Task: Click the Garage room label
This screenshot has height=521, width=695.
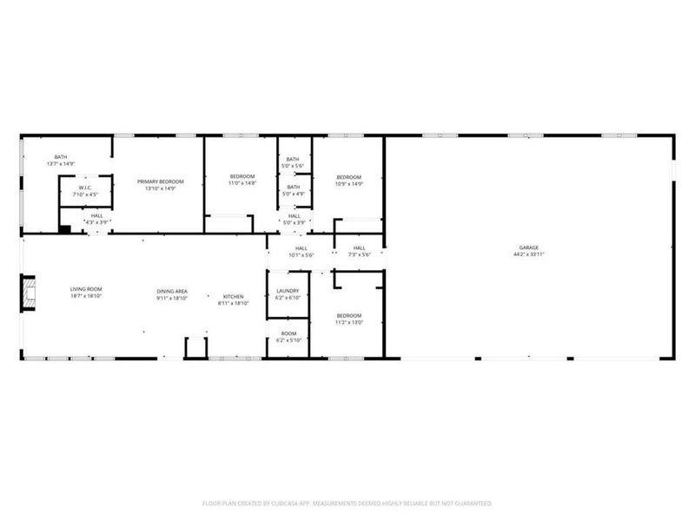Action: [528, 248]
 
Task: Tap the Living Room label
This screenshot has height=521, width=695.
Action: [87, 289]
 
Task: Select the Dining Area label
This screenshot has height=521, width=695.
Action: [172, 292]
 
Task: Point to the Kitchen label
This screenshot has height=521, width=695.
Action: [233, 297]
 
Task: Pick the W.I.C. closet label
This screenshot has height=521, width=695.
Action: [85, 188]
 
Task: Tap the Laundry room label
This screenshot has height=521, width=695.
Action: [288, 291]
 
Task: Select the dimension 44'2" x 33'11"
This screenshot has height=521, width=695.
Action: [528, 255]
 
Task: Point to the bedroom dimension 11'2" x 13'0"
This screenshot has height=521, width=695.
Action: [349, 322]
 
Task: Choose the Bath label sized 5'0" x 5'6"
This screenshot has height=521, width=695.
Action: [293, 159]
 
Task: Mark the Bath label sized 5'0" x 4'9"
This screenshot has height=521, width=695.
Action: [293, 187]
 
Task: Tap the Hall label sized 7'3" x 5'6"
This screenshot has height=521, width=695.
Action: [360, 248]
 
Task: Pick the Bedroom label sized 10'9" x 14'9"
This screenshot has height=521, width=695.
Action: [349, 177]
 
